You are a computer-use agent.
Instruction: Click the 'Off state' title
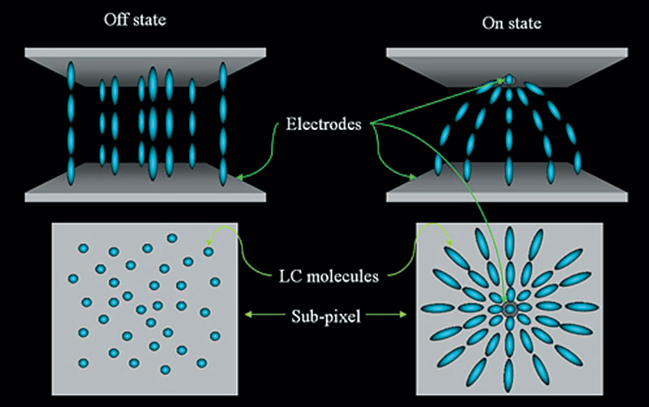coord(135,19)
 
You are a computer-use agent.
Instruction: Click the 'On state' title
coord(512,24)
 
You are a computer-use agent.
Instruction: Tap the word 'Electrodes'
coord(324,124)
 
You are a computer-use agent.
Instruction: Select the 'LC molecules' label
coord(329,276)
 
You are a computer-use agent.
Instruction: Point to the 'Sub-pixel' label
coord(326,316)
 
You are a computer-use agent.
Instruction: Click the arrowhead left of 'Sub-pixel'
coord(248,315)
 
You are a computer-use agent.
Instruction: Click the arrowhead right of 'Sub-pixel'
coord(402,315)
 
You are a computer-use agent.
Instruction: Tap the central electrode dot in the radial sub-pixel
coord(509,309)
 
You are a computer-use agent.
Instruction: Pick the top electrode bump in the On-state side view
coord(509,79)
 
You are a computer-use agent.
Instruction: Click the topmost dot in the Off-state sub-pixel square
coord(172,238)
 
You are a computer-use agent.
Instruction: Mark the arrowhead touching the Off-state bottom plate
coord(239,178)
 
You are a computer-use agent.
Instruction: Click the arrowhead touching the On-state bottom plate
coord(412,178)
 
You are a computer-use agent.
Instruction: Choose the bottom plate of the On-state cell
coord(506,182)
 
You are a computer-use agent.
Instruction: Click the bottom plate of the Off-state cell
coord(145,182)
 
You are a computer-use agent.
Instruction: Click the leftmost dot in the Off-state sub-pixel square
coord(73,278)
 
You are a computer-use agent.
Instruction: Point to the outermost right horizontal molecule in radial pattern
coord(582,307)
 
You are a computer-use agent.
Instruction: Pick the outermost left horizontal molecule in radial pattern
coord(438,309)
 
